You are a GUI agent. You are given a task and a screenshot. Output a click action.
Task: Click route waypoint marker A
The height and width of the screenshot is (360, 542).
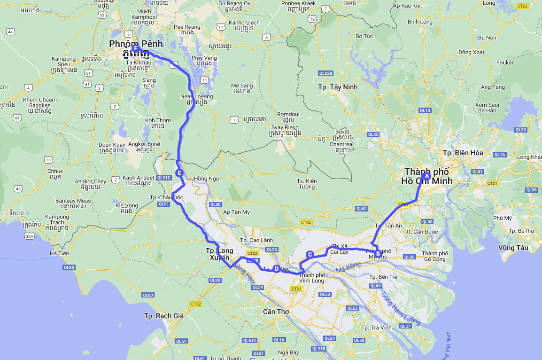pyautogui.click(x=427, y=176)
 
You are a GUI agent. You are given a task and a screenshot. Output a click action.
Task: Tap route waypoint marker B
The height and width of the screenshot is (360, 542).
pyautogui.click(x=378, y=254)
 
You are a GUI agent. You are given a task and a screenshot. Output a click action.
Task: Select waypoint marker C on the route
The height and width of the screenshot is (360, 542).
pyautogui.click(x=310, y=254)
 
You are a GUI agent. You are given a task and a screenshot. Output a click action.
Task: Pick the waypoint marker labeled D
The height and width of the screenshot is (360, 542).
pyautogui.click(x=276, y=269)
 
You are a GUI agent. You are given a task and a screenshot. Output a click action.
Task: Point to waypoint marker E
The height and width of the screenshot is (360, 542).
pyautogui.click(x=179, y=173)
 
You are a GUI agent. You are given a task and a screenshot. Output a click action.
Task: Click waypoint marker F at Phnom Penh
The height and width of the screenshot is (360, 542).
pyautogui.click(x=136, y=48)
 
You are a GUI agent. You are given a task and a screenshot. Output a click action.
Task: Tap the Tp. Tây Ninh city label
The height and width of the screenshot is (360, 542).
pyautogui.click(x=338, y=87)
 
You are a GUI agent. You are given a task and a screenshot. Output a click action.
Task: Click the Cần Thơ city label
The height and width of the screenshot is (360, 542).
pyautogui.click(x=276, y=312)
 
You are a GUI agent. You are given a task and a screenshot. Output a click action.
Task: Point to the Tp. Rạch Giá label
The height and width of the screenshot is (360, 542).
pyautogui.click(x=164, y=316)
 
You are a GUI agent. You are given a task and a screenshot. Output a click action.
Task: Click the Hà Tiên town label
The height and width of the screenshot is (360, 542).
pyautogui.click(x=59, y=253)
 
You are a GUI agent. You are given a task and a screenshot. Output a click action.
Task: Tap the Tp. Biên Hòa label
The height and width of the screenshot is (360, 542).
pyautogui.click(x=463, y=153)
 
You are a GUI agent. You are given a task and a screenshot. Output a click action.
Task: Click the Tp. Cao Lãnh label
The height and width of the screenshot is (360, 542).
pyautogui.click(x=256, y=240)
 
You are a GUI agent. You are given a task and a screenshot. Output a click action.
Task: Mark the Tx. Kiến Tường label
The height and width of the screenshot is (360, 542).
pyautogui.click(x=307, y=184)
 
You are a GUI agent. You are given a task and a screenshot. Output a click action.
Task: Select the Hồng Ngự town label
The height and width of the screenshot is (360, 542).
pyautogui.click(x=207, y=179)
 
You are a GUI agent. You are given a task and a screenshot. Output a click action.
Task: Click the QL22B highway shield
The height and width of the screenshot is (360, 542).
pyautogui.click(x=325, y=73)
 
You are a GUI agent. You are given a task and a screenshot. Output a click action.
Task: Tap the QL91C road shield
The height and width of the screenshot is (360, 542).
pyautogui.click(x=163, y=178)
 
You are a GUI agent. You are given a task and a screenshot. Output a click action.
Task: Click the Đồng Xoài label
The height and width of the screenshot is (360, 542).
pyautogui.click(x=471, y=52)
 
